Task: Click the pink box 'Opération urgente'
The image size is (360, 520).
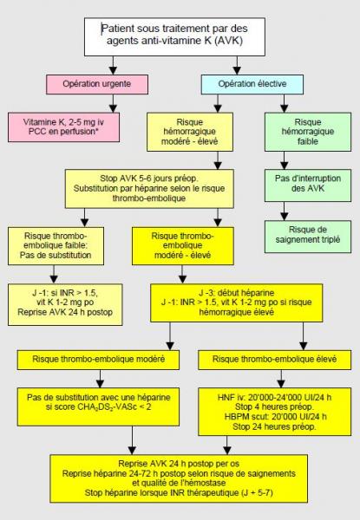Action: pyautogui.click(x=97, y=84)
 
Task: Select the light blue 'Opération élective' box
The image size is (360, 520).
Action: pyautogui.click(x=252, y=84)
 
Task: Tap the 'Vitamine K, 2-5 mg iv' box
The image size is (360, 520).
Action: pyautogui.click(x=63, y=127)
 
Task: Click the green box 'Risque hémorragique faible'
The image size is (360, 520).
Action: pyautogui.click(x=308, y=132)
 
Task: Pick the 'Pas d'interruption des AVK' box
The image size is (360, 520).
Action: pyautogui.click(x=308, y=185)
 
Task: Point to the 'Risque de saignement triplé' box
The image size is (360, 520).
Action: pyautogui.click(x=308, y=237)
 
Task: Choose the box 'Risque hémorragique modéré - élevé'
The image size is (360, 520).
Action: pyautogui.click(x=190, y=132)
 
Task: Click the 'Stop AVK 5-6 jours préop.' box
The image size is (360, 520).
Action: pyautogui.click(x=149, y=189)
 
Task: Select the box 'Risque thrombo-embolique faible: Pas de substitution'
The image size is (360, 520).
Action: pyautogui.click(x=56, y=246)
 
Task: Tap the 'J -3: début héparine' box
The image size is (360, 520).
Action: pyautogui.click(x=236, y=302)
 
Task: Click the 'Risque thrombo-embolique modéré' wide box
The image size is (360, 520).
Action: pyautogui.click(x=98, y=360)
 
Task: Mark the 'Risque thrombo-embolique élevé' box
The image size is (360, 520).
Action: pyautogui.click(x=274, y=360)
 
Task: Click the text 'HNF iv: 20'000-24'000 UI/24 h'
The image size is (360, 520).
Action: pyautogui.click(x=274, y=397)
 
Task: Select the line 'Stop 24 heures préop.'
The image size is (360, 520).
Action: pyautogui.click(x=274, y=426)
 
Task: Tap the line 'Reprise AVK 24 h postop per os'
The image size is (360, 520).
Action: pyautogui.click(x=179, y=464)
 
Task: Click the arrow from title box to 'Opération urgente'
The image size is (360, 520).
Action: pyautogui.click(x=113, y=65)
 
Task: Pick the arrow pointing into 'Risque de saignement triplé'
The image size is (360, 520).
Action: pyautogui.click(x=284, y=211)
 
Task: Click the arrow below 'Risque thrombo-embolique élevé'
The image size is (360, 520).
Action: pyautogui.click(x=281, y=379)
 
